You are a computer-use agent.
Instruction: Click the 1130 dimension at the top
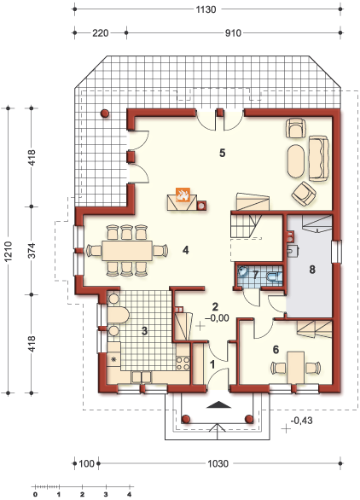pyautogui.click(x=206, y=9)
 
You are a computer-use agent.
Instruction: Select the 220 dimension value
pyautogui.click(x=101, y=32)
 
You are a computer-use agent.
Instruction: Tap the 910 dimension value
pyautogui.click(x=233, y=32)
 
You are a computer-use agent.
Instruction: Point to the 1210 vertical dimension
pyautogui.click(x=8, y=252)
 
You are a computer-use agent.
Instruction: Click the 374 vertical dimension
pyautogui.click(x=32, y=250)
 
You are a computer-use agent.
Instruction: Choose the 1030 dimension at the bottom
pyautogui.click(x=218, y=463)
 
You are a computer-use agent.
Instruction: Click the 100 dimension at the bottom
pyautogui.click(x=86, y=463)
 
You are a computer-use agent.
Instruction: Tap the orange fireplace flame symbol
pyautogui.click(x=183, y=195)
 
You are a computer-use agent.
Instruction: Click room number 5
pyautogui.click(x=223, y=153)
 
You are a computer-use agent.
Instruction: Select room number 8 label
pyautogui.click(x=312, y=270)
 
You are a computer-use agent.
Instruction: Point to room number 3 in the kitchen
pyautogui.click(x=144, y=331)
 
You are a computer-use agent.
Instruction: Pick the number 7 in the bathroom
pyautogui.click(x=255, y=275)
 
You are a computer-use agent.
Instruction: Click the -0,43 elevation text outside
pyautogui.click(x=301, y=421)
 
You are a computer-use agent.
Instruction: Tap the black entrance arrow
pyautogui.click(x=218, y=404)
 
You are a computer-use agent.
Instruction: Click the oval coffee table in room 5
pyautogui.click(x=296, y=161)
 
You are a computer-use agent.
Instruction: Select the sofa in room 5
pyautogui.click(x=318, y=159)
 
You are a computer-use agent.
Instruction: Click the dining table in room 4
pyautogui.click(x=127, y=251)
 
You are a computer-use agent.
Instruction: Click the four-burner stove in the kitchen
pyautogui.click(x=183, y=363)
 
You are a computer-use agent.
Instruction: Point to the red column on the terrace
pyautogui.click(x=105, y=113)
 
